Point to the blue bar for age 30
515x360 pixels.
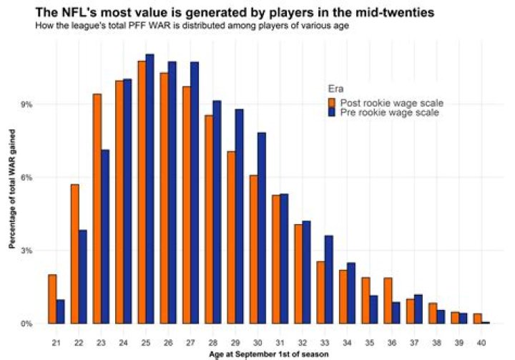tap(262, 228)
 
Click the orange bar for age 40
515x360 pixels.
tap(478, 318)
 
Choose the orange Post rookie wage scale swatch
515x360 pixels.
tap(333, 102)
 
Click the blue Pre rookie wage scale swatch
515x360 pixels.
tap(333, 112)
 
